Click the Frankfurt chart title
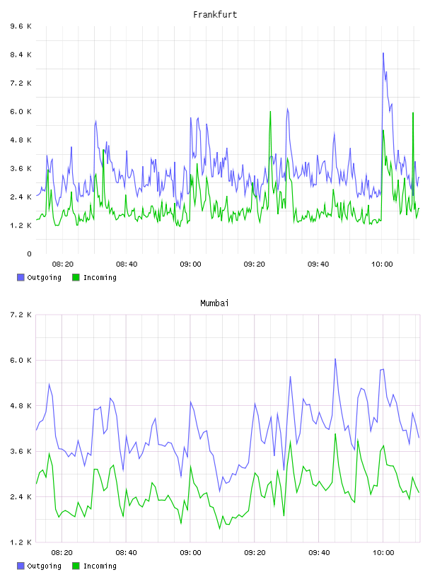click(215, 15)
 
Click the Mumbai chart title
click(214, 303)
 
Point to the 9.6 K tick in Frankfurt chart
click(21, 26)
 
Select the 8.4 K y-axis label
click(21, 55)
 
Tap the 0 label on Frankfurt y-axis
click(29, 254)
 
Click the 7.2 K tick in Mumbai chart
click(21, 315)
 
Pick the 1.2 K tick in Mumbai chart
click(21, 542)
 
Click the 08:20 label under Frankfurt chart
click(62, 264)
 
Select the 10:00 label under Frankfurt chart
click(382, 264)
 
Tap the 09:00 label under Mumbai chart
click(190, 553)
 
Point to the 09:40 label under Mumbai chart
click(319, 553)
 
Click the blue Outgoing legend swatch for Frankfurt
click(21, 277)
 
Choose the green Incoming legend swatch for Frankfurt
click(76, 277)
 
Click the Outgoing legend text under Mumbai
click(44, 566)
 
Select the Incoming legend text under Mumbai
click(100, 566)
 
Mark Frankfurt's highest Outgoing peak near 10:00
click(383, 53)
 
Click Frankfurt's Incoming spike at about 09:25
click(270, 111)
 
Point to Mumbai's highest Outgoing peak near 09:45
click(335, 359)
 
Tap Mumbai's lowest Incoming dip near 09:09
click(220, 529)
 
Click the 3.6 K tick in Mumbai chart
click(21, 452)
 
